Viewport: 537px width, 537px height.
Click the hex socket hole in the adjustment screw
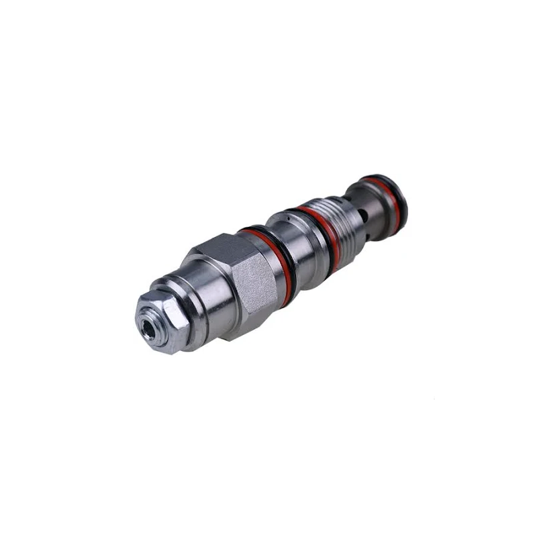148,327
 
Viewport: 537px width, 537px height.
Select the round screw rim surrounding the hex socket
142,321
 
